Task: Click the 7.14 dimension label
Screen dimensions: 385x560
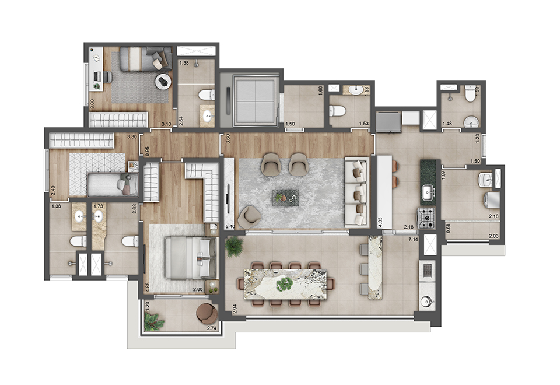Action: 414,240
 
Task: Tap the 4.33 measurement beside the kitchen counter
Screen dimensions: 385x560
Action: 380,208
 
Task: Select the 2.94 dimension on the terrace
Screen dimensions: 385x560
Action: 235,309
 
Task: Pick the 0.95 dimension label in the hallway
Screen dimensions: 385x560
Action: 140,150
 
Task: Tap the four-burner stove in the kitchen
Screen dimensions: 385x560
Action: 429,218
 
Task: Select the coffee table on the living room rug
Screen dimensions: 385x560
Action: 286,198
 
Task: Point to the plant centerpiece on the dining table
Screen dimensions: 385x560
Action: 284,285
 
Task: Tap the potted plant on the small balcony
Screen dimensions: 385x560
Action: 153,320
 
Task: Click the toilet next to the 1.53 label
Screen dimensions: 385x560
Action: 338,111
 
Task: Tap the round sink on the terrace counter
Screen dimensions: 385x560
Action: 426,302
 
